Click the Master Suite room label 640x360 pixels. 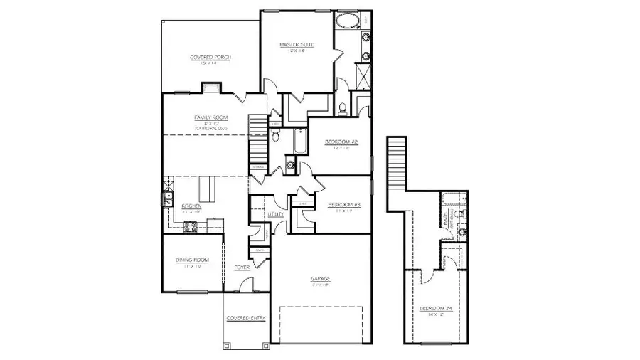(x=297, y=44)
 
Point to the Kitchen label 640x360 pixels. (x=171, y=206)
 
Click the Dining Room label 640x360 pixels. (x=191, y=260)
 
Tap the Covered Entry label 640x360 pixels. (x=246, y=318)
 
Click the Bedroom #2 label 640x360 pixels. (x=341, y=142)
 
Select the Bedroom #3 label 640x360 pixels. (x=344, y=206)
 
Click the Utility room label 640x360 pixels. (x=275, y=214)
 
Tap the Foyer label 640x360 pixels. (x=242, y=268)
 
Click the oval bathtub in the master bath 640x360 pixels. (x=348, y=19)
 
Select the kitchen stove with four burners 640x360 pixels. (x=191, y=226)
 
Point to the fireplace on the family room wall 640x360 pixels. (x=210, y=88)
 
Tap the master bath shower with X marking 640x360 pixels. (x=363, y=75)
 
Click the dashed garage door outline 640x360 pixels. (x=321, y=324)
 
